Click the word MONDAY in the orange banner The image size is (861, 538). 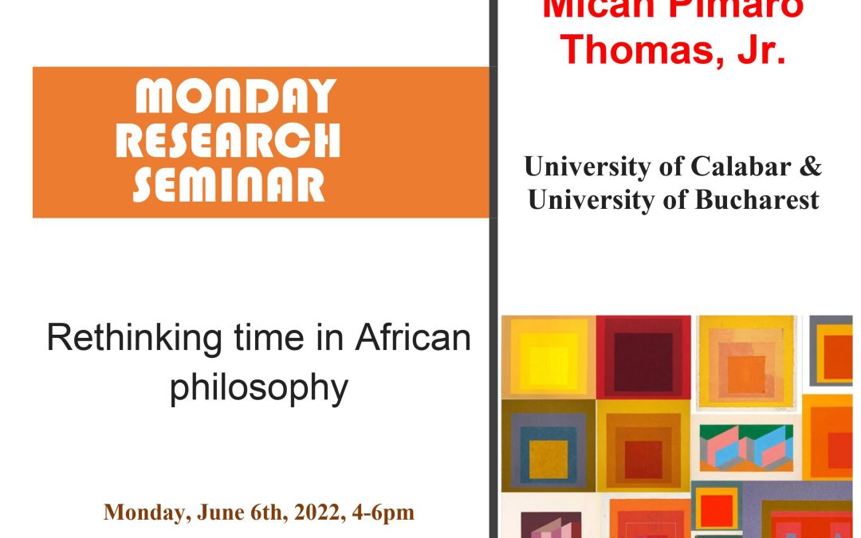click(x=235, y=98)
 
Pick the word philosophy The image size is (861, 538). click(x=259, y=387)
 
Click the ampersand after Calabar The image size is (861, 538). click(x=812, y=167)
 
